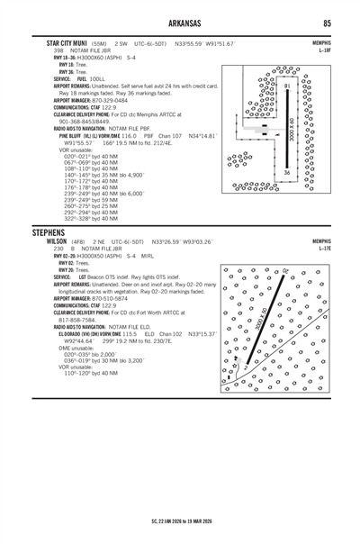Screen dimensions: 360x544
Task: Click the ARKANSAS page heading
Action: [179, 23]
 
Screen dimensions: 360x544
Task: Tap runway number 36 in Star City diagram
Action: [286, 171]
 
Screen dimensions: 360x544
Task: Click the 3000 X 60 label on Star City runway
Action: [292, 131]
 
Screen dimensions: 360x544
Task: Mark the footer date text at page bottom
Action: [179, 521]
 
